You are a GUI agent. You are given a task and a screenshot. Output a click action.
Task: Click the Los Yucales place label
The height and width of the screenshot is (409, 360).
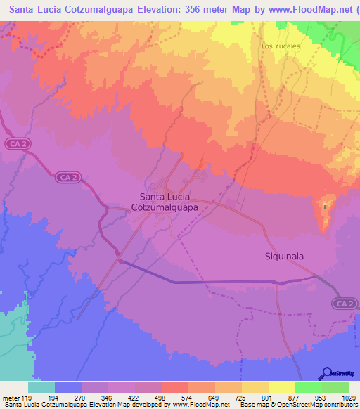(281, 46)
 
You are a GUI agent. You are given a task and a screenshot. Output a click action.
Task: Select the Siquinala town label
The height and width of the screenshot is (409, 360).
(284, 257)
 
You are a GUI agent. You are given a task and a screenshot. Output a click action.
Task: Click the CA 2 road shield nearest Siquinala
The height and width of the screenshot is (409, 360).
(341, 303)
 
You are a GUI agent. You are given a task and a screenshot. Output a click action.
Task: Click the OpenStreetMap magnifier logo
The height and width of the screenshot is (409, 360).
(326, 374)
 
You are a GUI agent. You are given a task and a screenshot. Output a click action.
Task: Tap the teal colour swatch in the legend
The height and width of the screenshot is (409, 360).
(41, 387)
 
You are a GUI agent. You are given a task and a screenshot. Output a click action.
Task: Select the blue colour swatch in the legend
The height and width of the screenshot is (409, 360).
(68, 387)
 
